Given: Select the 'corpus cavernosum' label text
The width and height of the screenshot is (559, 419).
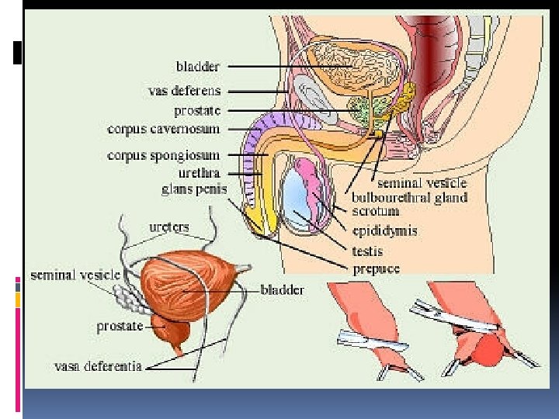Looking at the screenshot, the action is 163,128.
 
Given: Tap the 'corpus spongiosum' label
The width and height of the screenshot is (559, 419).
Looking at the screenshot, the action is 163,155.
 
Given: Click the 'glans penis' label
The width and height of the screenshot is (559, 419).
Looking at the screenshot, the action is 190,188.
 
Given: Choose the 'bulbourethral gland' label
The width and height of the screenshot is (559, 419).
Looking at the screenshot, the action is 409,197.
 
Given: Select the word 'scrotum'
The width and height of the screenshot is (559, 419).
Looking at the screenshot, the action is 376,210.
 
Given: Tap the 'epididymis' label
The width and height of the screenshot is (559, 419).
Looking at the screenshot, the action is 384,230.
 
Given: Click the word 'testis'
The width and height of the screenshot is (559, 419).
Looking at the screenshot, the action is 367,251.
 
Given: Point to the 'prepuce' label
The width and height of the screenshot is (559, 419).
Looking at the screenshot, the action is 376,268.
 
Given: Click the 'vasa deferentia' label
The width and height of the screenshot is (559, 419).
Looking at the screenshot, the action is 98,365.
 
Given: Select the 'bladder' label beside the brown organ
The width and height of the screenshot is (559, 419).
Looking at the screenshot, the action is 282,289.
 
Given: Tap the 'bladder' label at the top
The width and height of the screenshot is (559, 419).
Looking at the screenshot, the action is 198,67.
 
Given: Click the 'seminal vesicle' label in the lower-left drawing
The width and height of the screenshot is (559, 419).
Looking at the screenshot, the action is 75,275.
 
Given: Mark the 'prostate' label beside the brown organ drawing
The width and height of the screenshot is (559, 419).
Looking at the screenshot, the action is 120,327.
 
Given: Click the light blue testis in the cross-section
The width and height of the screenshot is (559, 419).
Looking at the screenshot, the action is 297,200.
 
